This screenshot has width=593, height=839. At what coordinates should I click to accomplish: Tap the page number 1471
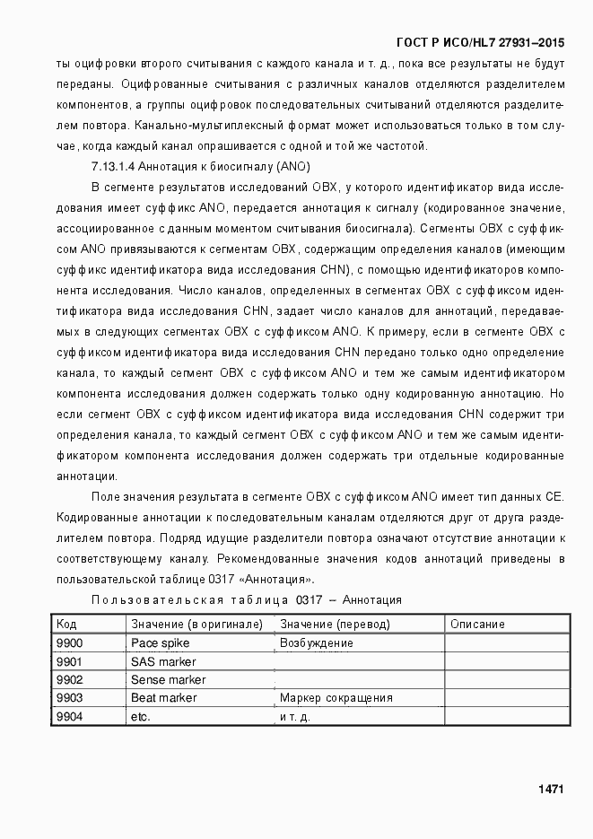(551, 790)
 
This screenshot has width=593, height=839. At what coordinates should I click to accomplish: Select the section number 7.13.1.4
(115, 167)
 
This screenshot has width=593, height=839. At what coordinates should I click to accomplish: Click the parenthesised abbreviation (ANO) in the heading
(294, 167)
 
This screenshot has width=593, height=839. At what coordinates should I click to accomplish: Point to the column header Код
(66, 625)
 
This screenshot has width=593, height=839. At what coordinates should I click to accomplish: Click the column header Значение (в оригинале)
(196, 625)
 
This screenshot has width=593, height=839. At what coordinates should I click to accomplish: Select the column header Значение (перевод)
(336, 625)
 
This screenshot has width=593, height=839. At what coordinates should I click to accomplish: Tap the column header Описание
(477, 625)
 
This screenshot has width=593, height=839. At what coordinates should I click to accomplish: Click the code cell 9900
(69, 643)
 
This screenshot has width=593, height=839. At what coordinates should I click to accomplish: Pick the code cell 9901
(69, 661)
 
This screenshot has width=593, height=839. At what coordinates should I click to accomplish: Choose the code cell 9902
(69, 679)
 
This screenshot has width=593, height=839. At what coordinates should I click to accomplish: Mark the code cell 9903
(69, 698)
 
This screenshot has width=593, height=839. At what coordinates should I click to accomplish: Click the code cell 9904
(69, 716)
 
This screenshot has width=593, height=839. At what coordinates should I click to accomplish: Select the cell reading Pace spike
(156, 643)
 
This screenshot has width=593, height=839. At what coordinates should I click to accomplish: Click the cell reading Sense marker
(168, 679)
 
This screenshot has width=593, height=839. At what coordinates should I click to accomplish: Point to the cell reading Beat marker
(163, 698)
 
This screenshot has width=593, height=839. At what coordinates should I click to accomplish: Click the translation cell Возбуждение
(317, 643)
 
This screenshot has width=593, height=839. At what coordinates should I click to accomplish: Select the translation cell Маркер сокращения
(336, 698)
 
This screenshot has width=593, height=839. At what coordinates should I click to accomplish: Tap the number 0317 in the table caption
(309, 599)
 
